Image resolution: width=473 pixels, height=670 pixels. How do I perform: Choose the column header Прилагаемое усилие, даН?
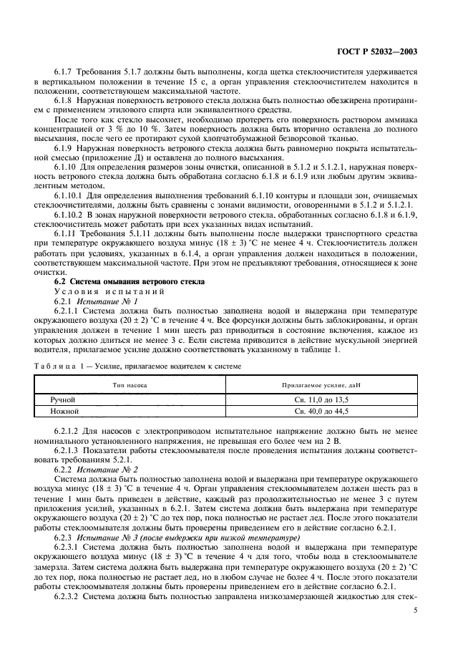(x=322, y=384)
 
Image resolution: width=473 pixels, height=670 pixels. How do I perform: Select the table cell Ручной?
(x=62, y=399)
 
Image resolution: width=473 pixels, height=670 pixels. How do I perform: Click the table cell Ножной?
(x=63, y=412)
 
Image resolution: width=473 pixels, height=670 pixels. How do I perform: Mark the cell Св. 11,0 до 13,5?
(x=322, y=399)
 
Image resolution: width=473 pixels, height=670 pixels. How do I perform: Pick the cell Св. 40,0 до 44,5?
(x=322, y=412)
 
